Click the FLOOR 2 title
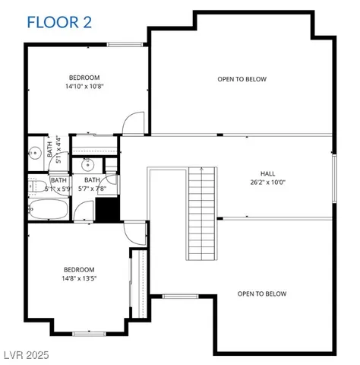click(x=59, y=21)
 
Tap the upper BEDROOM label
click(x=84, y=78)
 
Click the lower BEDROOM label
click(x=78, y=270)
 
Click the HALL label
click(x=267, y=173)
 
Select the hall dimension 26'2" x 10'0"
click(x=267, y=182)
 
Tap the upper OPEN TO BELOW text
click(x=242, y=79)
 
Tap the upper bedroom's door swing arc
click(x=134, y=122)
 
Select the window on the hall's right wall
click(x=334, y=177)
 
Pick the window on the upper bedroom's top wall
click(x=125, y=45)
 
